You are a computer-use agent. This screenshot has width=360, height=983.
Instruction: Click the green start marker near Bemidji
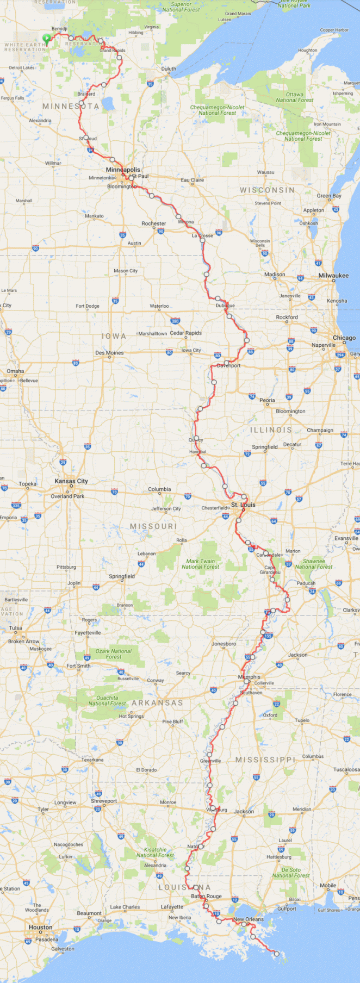(46, 39)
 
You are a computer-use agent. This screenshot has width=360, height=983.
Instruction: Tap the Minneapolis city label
(123, 170)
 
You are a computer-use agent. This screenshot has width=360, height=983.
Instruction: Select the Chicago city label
(344, 338)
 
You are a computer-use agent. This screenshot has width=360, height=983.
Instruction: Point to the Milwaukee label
(333, 276)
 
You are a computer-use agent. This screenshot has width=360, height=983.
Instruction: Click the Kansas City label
(71, 481)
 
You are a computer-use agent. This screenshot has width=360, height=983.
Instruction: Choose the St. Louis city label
(243, 505)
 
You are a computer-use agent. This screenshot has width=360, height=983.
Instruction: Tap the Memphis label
(249, 677)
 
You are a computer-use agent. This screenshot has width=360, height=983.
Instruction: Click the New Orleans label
(249, 919)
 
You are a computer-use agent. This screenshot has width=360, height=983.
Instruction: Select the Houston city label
(41, 928)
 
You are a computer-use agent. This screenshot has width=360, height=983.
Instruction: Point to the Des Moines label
(109, 353)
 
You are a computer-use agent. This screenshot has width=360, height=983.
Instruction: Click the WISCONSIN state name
(268, 190)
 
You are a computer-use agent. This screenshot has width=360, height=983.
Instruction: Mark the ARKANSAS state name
(157, 703)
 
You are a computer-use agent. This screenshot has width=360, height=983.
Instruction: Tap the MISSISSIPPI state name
(265, 760)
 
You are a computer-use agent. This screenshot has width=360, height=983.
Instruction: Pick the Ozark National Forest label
(114, 654)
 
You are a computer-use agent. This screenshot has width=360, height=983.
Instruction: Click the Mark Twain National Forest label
(201, 564)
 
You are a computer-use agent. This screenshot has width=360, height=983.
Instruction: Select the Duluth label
(169, 69)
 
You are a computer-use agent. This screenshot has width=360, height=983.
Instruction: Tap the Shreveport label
(104, 801)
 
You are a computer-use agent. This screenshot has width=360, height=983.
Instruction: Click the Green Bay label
(329, 196)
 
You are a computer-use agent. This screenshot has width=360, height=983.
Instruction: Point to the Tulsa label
(15, 628)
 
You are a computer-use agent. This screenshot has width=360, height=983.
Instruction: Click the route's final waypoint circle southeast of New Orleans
(277, 954)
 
